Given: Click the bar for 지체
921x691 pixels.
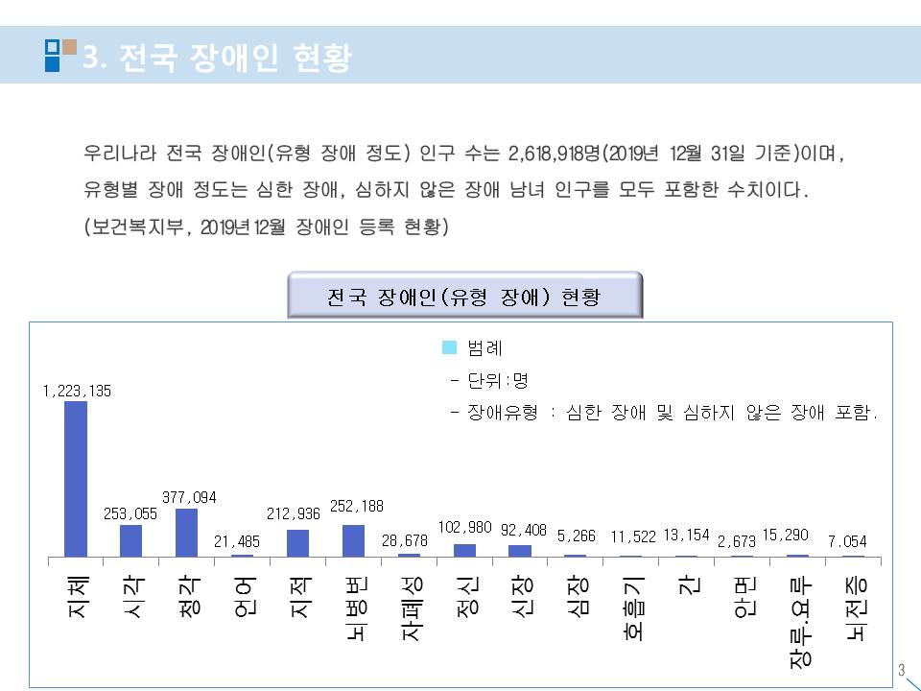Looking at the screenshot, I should (x=76, y=478).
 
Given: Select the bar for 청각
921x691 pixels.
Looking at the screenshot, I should (x=187, y=532).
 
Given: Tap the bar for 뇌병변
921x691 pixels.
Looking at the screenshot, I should (x=353, y=540).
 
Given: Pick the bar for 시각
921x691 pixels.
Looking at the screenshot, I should (x=131, y=540).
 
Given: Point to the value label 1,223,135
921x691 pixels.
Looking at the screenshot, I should (x=77, y=391).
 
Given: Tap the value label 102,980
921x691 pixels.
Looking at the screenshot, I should (x=464, y=527).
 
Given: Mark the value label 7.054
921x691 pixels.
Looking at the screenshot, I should (x=847, y=541).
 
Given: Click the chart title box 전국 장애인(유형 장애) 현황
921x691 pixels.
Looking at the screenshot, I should (x=464, y=297).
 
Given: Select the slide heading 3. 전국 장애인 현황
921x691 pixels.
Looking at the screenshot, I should (x=217, y=59).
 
